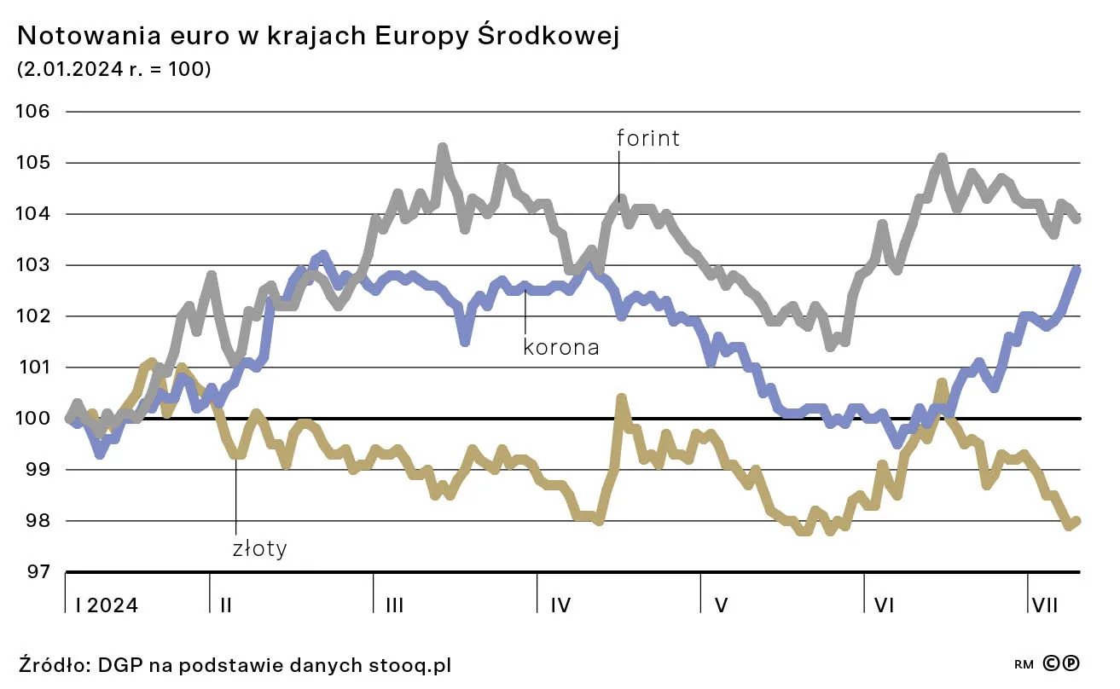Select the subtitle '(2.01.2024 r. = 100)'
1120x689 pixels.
[x=113, y=70]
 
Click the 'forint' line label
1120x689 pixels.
[x=648, y=138]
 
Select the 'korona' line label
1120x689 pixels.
[x=560, y=347]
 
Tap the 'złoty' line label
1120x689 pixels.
[x=259, y=548]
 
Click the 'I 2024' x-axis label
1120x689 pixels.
[x=107, y=605]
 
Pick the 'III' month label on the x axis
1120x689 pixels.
[x=394, y=605]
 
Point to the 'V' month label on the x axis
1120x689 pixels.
[x=721, y=605]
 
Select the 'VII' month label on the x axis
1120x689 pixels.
[x=1045, y=605]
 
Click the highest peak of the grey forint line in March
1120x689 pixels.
[x=442, y=148]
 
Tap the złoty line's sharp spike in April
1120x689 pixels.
[x=620, y=398]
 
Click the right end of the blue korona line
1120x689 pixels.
[x=1077, y=269]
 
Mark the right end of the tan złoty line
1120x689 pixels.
[x=1077, y=521]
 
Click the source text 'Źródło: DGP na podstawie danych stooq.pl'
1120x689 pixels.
[x=235, y=664]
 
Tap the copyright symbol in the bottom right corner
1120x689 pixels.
[x=1053, y=663]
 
